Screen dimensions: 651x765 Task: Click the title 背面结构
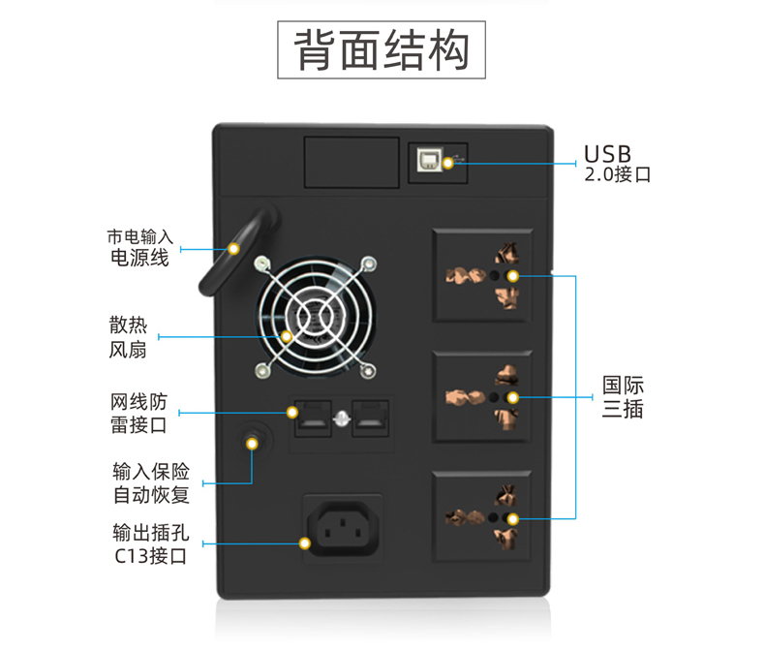(x=382, y=49)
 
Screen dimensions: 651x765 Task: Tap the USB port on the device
(x=428, y=159)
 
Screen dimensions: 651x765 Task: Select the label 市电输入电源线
(x=139, y=247)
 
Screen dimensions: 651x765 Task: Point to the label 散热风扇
(x=128, y=336)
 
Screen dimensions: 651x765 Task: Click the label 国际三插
(x=623, y=396)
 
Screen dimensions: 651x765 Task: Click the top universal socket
(x=481, y=275)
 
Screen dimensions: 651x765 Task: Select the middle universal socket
(x=481, y=396)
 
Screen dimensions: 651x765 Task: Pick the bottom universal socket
(x=481, y=516)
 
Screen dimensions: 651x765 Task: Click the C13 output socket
(x=343, y=530)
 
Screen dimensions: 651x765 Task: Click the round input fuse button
(x=253, y=442)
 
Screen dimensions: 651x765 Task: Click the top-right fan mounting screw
(x=368, y=263)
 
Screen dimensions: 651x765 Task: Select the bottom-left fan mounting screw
(x=261, y=370)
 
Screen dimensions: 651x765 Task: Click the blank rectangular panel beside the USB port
(x=352, y=162)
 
